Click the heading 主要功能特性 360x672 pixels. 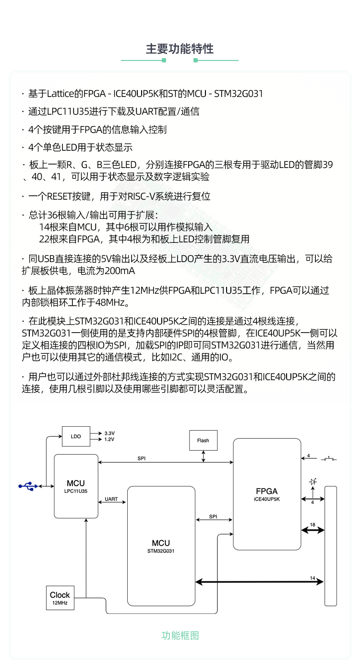(180, 49)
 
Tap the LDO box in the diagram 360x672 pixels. (76, 436)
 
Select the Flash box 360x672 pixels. (203, 440)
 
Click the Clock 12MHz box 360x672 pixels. (60, 598)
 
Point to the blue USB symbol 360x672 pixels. (28, 486)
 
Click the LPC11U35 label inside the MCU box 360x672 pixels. (76, 491)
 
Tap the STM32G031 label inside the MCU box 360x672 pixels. (161, 552)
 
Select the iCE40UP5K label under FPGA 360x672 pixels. (267, 499)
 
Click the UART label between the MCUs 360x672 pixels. (111, 499)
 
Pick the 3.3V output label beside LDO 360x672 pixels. (109, 433)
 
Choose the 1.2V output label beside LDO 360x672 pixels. (109, 439)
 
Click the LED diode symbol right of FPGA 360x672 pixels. (313, 481)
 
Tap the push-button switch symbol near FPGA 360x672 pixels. (329, 459)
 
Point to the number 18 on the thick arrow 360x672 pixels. (313, 525)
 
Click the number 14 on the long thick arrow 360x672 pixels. (313, 578)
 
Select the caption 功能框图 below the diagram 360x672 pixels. (180, 636)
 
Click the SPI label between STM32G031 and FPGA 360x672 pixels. (213, 516)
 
